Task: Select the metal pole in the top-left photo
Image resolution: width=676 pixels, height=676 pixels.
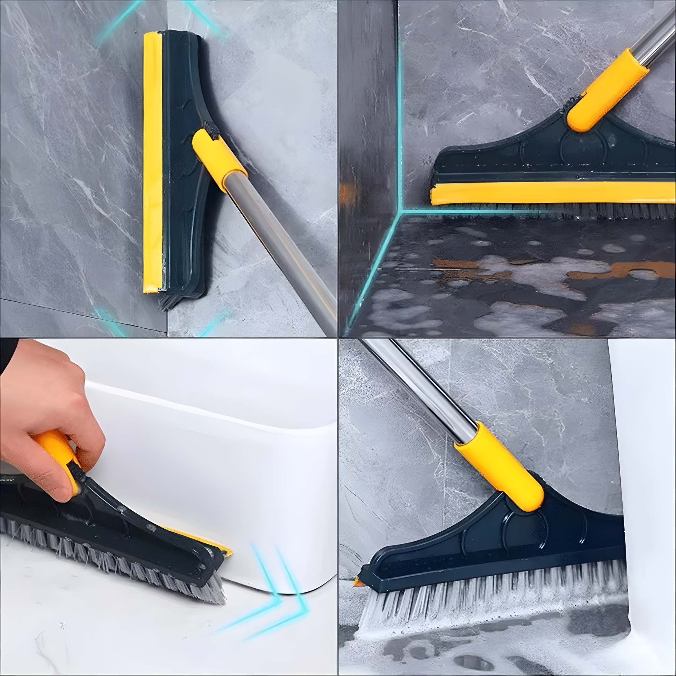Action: point(280,245)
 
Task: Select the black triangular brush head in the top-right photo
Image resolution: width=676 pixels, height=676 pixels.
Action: point(546,154)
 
